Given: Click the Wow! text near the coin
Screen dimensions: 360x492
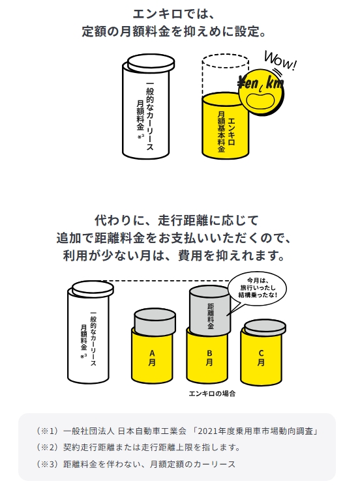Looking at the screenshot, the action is (280, 61).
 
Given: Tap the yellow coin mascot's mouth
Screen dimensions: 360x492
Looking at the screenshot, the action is (260, 101).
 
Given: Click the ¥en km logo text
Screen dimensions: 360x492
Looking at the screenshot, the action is (260, 83).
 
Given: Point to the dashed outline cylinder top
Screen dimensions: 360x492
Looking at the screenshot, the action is (225, 61).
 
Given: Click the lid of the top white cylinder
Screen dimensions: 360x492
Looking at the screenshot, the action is (151, 63).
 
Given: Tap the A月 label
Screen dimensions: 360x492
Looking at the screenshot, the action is (152, 358).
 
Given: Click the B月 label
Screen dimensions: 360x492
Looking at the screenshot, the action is (209, 358).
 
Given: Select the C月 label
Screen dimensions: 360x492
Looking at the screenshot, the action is (261, 358).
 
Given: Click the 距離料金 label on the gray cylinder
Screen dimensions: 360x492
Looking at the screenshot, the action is (211, 315).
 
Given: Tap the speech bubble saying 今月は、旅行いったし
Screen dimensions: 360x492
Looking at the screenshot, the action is (257, 288).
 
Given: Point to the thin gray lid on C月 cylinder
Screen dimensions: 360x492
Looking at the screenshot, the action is (265, 328).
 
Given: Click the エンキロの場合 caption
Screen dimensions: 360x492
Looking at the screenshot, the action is (212, 394).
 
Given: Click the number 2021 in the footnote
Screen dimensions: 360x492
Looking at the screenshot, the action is (209, 431).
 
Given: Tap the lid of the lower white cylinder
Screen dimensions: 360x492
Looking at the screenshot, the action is (93, 289).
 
